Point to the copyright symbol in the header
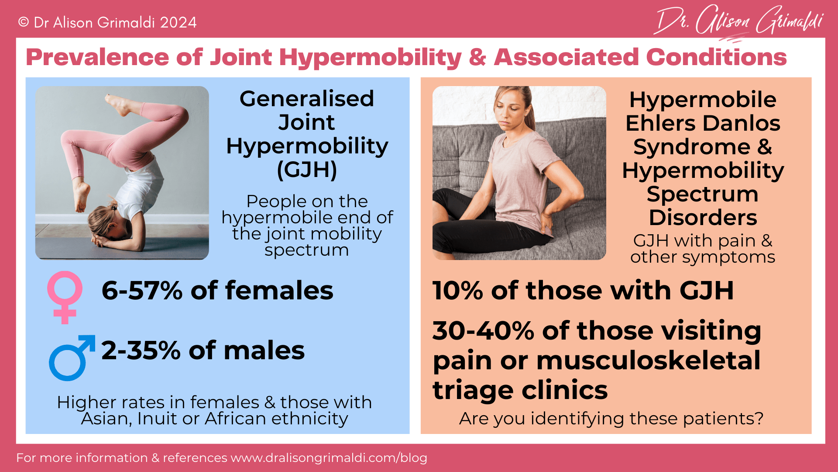(23, 22)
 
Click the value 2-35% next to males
(141, 351)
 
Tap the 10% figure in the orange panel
(457, 291)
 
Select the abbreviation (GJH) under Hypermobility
(307, 170)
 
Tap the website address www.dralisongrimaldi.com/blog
(329, 458)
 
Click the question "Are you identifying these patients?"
(611, 419)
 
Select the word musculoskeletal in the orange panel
(648, 361)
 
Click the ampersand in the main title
(477, 57)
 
